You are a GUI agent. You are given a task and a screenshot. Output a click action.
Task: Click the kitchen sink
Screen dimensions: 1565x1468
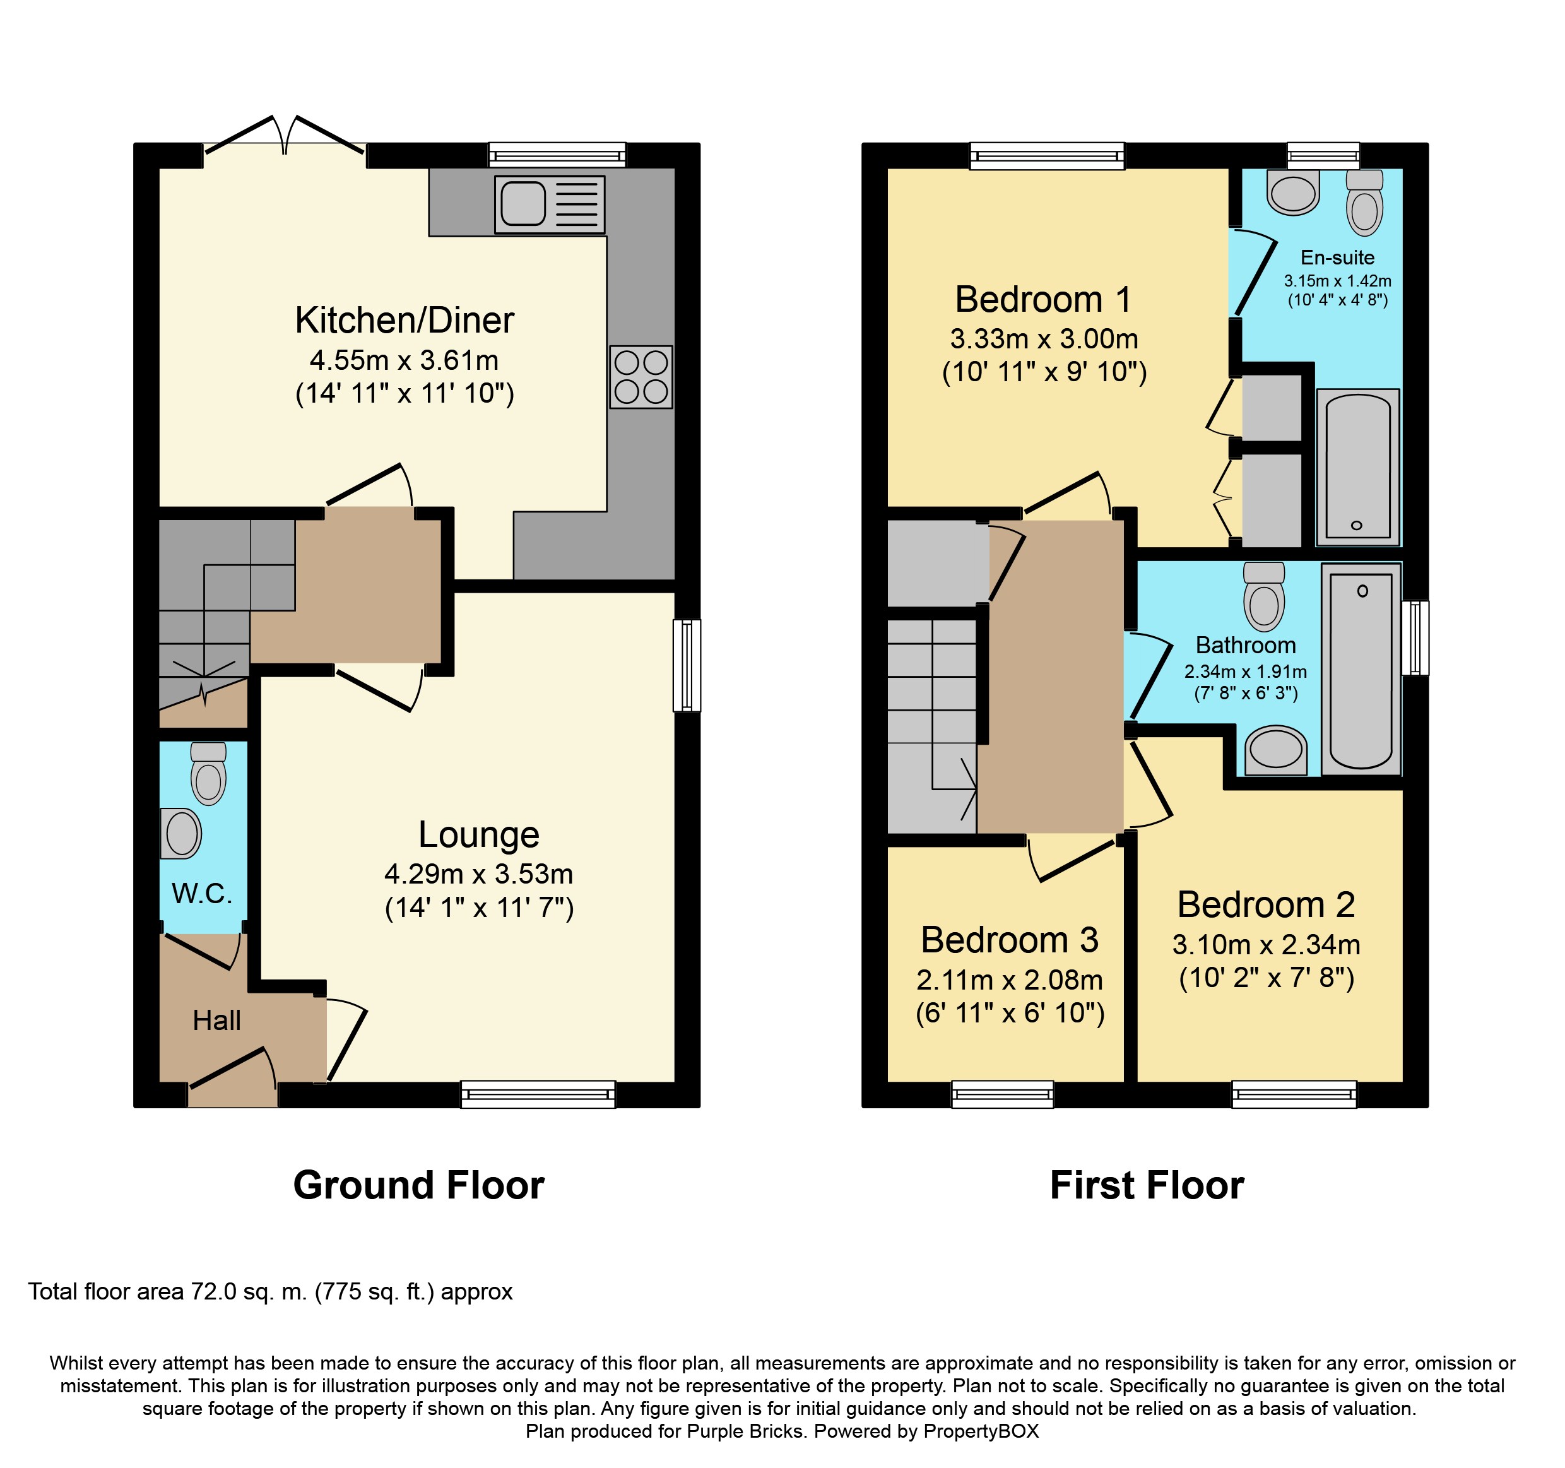click(550, 204)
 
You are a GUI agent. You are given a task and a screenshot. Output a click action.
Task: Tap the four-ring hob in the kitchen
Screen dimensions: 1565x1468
click(641, 376)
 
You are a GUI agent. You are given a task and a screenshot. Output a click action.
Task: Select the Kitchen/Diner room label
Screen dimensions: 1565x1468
click(405, 321)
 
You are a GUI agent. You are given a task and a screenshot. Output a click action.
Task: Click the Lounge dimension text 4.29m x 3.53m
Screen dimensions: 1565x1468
click(478, 873)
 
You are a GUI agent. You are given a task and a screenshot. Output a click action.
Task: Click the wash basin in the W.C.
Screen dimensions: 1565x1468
click(180, 833)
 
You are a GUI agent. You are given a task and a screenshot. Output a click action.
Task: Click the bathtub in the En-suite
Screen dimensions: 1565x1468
click(1358, 467)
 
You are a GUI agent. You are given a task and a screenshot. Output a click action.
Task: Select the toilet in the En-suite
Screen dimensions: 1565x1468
click(1364, 203)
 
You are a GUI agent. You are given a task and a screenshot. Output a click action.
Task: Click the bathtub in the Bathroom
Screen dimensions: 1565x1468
click(1361, 668)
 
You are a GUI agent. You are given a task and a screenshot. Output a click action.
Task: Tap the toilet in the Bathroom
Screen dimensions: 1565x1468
click(1263, 596)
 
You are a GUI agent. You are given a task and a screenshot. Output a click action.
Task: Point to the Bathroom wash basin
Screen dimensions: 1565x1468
click(1275, 750)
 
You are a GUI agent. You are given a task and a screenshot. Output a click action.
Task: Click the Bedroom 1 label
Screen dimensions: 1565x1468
click(1043, 299)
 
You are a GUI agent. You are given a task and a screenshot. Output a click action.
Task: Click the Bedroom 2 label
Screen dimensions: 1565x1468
click(1266, 904)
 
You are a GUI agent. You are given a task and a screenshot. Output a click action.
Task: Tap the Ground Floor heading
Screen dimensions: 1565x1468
click(419, 1185)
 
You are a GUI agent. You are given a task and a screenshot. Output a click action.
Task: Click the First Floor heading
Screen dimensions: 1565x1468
click(1147, 1185)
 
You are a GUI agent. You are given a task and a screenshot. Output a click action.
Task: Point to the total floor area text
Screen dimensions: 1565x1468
click(270, 1292)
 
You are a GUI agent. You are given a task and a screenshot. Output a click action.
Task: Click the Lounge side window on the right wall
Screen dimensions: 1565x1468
click(687, 666)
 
